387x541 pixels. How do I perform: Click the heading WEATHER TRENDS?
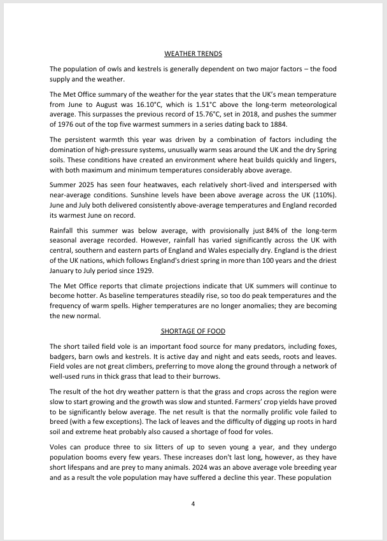pyautogui.click(x=193, y=53)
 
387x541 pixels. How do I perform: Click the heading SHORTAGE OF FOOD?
pyautogui.click(x=193, y=331)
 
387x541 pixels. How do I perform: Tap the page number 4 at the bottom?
pyautogui.click(x=193, y=504)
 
